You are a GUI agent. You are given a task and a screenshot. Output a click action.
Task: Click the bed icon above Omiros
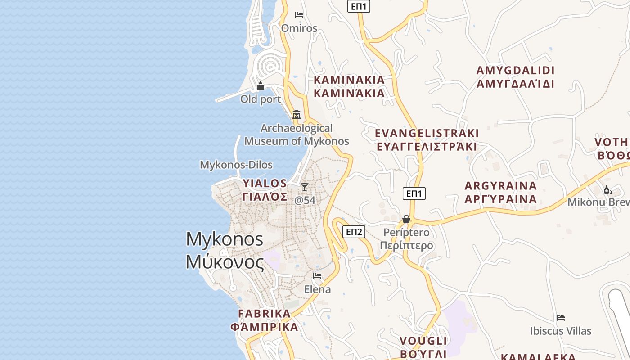(x=299, y=15)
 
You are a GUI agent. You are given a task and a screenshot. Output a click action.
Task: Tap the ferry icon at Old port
(x=261, y=86)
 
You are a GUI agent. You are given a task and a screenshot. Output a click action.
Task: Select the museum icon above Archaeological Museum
(x=297, y=115)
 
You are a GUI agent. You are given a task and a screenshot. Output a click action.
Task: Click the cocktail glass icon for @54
(x=305, y=187)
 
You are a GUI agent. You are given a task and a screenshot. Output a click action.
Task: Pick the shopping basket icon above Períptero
(x=406, y=219)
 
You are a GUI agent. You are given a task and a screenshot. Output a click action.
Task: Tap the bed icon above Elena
(x=317, y=276)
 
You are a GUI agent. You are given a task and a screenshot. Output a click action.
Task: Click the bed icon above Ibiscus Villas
(x=560, y=318)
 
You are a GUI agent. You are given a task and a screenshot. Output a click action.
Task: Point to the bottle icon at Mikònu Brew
(x=608, y=189)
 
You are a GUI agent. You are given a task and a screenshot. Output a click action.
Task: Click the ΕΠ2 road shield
(x=353, y=232)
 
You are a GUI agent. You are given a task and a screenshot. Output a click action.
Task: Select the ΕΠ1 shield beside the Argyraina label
(x=414, y=193)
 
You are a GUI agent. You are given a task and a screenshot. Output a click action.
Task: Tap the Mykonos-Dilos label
(x=236, y=165)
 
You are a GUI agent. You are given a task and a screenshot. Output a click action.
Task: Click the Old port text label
(x=261, y=99)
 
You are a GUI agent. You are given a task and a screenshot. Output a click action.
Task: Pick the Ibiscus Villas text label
(x=560, y=331)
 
